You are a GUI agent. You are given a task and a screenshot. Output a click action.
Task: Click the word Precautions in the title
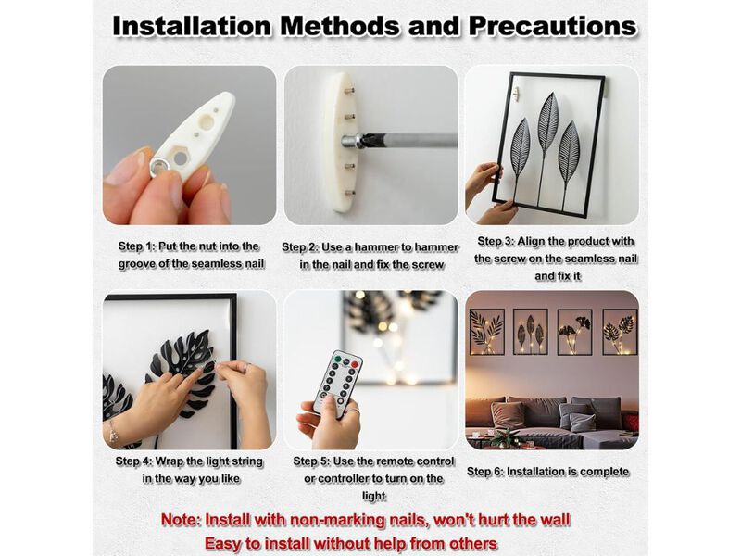(x=552, y=26)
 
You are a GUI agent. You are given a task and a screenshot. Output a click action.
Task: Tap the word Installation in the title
(x=192, y=26)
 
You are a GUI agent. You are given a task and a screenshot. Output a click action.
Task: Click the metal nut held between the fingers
(x=160, y=166)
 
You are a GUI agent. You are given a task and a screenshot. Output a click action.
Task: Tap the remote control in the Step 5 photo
(x=337, y=384)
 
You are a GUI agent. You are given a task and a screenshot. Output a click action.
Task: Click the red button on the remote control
(x=355, y=364)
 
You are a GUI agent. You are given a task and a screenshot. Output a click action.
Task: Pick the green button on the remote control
(x=337, y=359)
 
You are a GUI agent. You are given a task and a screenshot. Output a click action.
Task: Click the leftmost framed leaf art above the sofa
(x=486, y=332)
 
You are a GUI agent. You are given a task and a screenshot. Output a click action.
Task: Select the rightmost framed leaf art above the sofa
(x=620, y=332)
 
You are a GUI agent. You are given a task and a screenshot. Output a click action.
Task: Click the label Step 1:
(x=136, y=246)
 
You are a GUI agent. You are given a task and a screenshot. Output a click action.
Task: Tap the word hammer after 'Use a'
(x=376, y=247)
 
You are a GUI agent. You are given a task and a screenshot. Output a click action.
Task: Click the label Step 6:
(x=484, y=472)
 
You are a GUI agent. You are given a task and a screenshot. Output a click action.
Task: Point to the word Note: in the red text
(x=182, y=520)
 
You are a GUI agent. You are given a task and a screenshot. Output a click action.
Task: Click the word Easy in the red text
(x=222, y=543)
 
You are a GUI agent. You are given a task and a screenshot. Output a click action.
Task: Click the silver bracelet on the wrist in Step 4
(x=112, y=430)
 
